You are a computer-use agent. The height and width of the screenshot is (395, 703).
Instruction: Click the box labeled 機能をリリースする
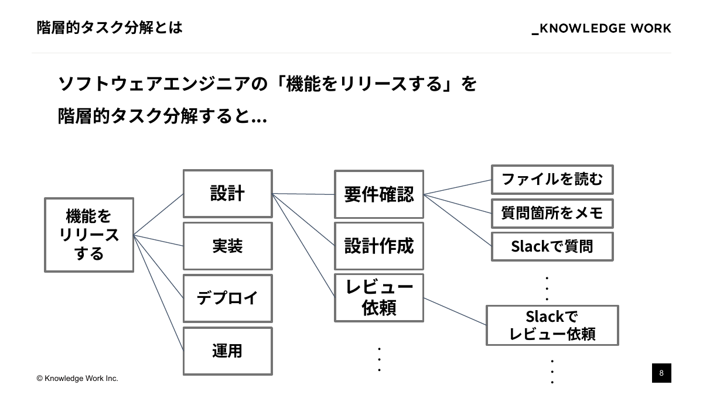coord(89,235)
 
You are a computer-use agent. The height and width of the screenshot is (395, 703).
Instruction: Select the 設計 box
coord(227,194)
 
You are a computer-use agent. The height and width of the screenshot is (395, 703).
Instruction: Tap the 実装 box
coord(227,246)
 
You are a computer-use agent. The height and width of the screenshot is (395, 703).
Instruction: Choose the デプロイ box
coord(227,298)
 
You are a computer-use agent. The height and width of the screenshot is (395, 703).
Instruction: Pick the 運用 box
coord(227,351)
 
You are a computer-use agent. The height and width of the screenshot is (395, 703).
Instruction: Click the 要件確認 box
coord(378,194)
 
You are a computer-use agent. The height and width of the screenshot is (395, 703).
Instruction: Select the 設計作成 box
coord(378,246)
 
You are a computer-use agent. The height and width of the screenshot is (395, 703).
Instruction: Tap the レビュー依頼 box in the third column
coord(378,297)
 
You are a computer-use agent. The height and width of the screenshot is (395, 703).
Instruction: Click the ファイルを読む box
coord(552,180)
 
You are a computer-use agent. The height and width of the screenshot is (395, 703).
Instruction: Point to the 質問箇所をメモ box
coord(552,213)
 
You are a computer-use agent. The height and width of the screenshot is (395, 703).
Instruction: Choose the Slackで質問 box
coord(552,246)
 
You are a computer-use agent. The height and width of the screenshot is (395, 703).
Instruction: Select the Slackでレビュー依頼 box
coord(552,325)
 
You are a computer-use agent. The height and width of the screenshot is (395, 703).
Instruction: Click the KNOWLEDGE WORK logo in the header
coord(602,29)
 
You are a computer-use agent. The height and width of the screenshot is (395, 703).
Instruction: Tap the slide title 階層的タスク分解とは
coord(110,28)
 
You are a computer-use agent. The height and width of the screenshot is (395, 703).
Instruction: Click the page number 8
coord(661,373)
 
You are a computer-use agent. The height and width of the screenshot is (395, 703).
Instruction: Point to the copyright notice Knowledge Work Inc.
coord(77,379)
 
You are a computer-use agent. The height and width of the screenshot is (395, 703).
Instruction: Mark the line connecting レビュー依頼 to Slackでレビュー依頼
coord(455,311)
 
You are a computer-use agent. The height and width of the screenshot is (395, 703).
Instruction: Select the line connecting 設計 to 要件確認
coord(303,194)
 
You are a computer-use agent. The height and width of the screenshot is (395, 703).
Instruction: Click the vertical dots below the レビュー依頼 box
coord(380,359)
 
